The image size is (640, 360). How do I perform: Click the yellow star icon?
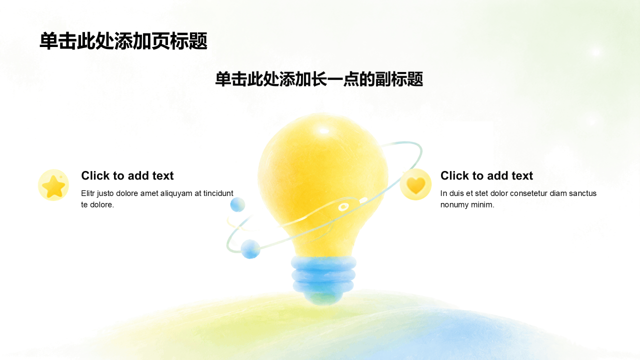coord(53,185)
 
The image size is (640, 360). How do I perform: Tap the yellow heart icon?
coord(415,184)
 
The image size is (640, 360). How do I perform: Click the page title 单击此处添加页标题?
coord(123,41)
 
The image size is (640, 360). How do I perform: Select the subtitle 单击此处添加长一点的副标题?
coord(319,79)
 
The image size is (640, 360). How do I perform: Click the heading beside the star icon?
coord(127,175)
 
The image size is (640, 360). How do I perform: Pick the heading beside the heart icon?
coord(486,175)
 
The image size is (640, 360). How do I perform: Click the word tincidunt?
coord(218,193)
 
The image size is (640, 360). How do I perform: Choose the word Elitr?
coord(87,193)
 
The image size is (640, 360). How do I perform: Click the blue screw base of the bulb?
coord(323,274)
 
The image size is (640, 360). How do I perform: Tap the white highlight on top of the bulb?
coord(323,131)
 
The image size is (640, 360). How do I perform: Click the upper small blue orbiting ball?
coord(237,204)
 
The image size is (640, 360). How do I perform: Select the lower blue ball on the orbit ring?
coord(250,249)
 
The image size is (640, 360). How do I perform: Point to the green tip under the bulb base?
coord(323,298)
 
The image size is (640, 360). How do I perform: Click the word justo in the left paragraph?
coord(105,194)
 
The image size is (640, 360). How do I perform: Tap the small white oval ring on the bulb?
coord(343,207)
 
